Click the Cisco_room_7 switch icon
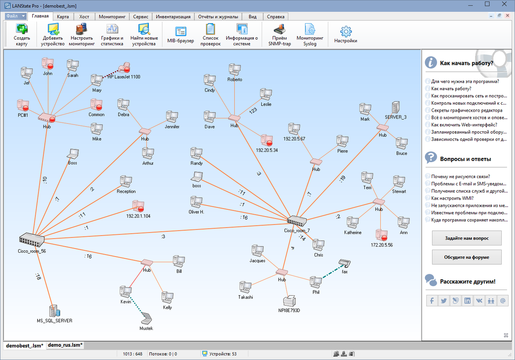point(297,221)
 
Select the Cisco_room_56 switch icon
point(31,239)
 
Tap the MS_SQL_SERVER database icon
point(54,310)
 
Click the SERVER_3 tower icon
point(396,108)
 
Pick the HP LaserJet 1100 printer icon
point(124,68)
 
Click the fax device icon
point(344,263)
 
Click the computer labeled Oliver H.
point(196,202)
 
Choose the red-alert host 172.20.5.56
point(381,235)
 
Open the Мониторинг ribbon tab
point(112,17)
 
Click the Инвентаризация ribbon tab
point(173,17)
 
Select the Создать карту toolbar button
point(21,34)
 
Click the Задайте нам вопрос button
point(467,238)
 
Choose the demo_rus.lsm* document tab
point(65,345)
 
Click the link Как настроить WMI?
point(453,198)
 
